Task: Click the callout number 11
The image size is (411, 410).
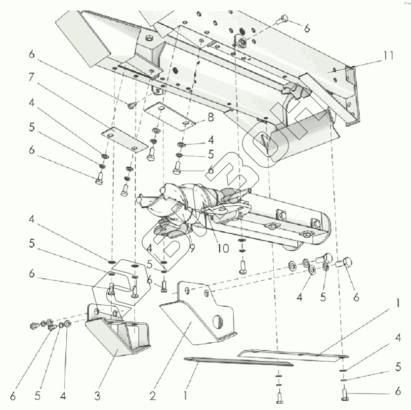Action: pos(388,55)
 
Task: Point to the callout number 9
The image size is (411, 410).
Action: pos(191,245)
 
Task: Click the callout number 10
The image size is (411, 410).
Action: pos(223,248)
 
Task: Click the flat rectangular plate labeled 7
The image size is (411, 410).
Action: pos(121,140)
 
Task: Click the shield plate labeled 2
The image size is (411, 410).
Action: pos(198,317)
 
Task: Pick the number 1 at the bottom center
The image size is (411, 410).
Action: pos(185,396)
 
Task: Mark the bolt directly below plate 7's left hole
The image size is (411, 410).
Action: pos(99,177)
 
